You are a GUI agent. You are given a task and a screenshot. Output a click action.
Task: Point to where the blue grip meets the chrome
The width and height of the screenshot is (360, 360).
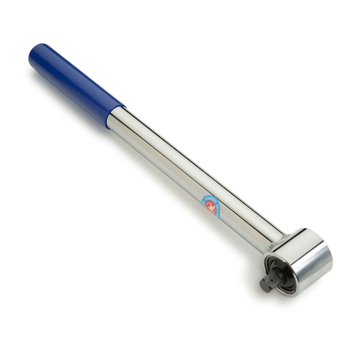[x=116, y=115]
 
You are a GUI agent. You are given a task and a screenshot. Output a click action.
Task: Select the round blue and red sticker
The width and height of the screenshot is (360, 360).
[x=211, y=206]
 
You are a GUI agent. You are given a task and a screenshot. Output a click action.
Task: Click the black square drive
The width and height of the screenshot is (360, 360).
[x=269, y=280]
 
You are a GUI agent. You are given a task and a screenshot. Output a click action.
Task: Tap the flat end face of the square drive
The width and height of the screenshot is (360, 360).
[x=263, y=285]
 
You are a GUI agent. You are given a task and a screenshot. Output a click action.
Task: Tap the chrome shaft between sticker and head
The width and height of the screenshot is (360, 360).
[x=247, y=227]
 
